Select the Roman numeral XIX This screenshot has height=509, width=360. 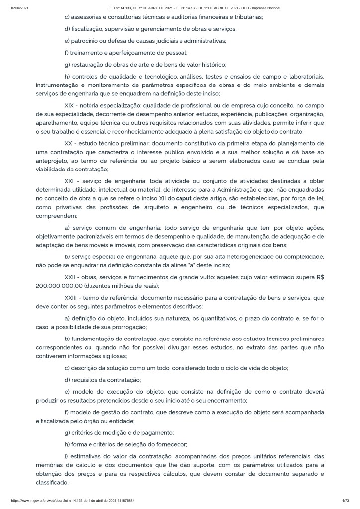[x=71, y=106]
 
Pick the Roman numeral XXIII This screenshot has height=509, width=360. [x=73, y=297]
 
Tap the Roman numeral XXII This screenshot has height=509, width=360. [x=72, y=277]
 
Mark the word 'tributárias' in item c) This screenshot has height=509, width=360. [x=245, y=17]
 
